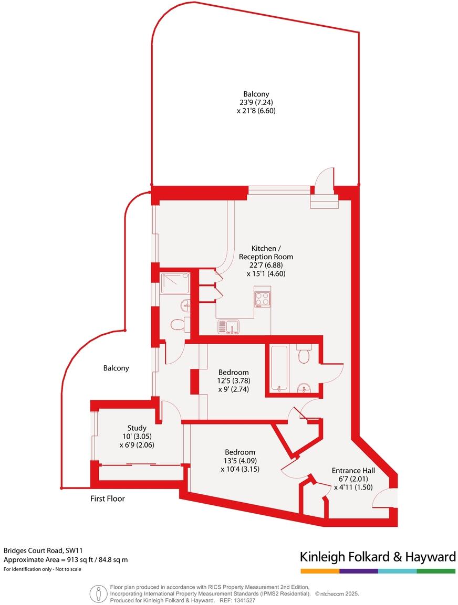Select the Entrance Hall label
(352, 471)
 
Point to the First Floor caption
(107, 498)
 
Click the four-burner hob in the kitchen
(262, 299)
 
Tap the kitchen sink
(228, 326)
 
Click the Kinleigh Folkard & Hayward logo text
(377, 556)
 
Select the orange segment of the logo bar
(319, 570)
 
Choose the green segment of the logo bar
(436, 570)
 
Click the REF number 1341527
(245, 600)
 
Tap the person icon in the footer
(98, 593)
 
